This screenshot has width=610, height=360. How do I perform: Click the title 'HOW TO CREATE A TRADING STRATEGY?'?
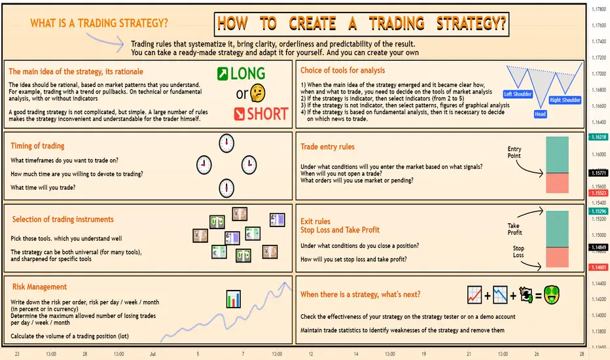tap(361, 24)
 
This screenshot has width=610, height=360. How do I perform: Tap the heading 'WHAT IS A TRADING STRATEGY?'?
tap(99, 24)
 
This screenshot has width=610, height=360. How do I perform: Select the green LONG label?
tap(242, 73)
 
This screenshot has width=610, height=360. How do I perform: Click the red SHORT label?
tap(261, 114)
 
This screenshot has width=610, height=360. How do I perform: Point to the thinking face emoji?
tap(257, 93)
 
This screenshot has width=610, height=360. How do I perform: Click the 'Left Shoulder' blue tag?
tap(518, 94)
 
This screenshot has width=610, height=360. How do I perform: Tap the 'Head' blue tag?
tap(540, 114)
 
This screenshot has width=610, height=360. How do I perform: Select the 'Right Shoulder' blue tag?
tap(565, 100)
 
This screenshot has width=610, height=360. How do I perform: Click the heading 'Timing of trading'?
tap(37, 146)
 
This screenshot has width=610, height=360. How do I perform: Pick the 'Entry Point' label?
tap(514, 152)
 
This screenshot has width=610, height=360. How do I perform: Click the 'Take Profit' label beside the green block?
tap(514, 229)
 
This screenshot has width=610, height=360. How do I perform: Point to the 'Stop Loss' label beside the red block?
tap(518, 251)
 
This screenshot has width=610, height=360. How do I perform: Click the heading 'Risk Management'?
tap(39, 287)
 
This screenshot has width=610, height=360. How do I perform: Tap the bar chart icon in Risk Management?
tap(234, 299)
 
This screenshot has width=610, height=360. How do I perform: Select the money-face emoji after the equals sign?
tap(552, 295)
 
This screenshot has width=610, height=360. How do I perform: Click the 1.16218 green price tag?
tap(599, 137)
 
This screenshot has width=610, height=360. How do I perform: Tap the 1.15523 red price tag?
tap(599, 193)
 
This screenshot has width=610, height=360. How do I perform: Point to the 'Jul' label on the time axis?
tap(153, 353)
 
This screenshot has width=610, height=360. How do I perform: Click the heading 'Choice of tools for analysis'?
tap(343, 71)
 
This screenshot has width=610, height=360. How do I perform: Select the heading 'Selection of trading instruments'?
tap(63, 219)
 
